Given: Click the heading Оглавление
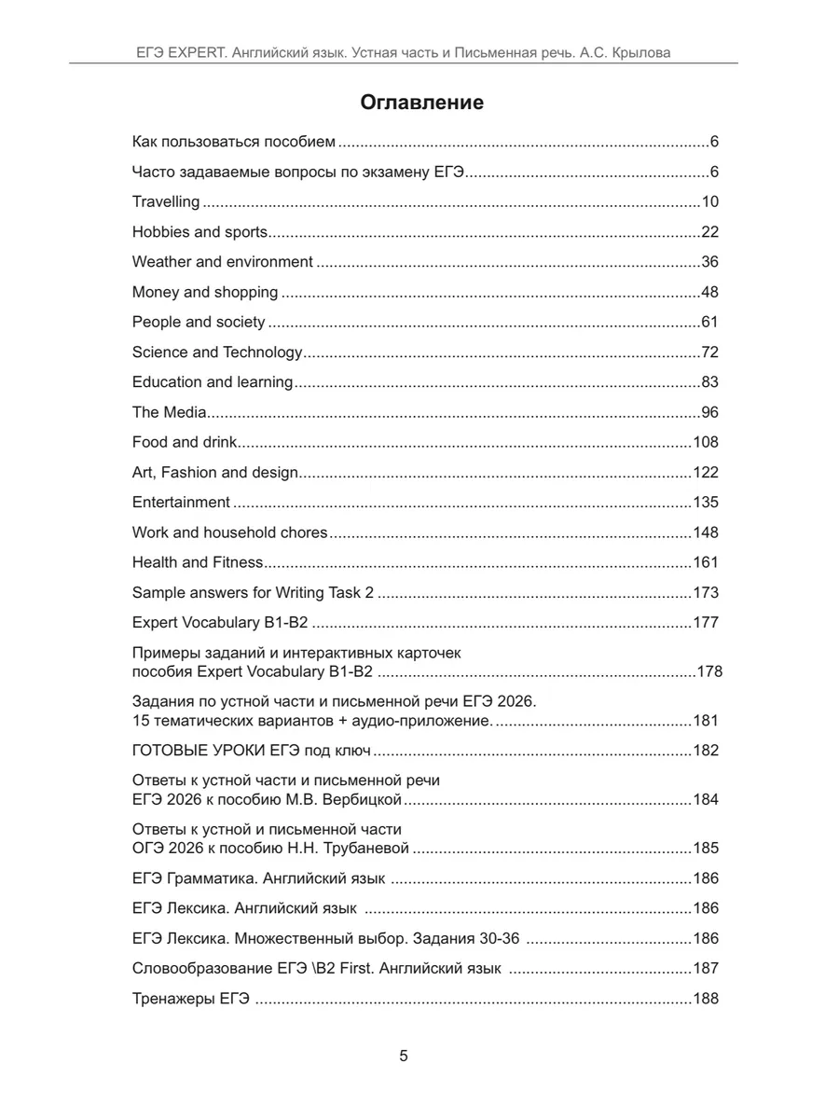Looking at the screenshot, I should click(422, 103).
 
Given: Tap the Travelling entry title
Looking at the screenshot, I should click(166, 202).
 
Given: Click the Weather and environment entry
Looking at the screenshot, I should click(223, 262).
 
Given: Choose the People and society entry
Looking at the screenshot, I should click(199, 322).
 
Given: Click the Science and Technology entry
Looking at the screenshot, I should click(217, 352).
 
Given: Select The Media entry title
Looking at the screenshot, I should click(169, 412).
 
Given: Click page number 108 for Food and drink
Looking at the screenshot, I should click(706, 442).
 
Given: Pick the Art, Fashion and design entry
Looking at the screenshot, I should click(215, 472).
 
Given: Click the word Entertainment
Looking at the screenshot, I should click(181, 502).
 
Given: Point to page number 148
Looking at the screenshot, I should click(706, 532).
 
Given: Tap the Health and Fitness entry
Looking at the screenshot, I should click(198, 562).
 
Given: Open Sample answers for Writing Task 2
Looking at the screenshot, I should click(253, 592).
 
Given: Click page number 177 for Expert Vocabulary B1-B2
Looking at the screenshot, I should click(706, 622).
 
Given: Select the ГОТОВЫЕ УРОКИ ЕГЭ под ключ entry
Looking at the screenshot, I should click(252, 751).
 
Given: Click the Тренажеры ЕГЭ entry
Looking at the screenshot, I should click(190, 999).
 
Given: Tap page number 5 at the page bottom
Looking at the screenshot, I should click(404, 1057).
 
